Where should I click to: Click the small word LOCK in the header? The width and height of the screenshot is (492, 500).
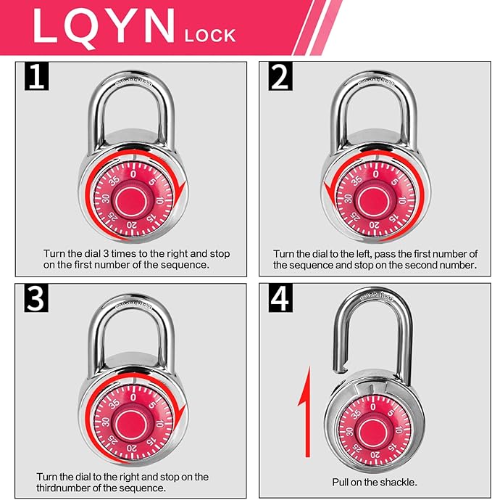pyautogui.click(x=212, y=34)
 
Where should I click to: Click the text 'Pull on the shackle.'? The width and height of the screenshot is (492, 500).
pyautogui.click(x=374, y=482)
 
